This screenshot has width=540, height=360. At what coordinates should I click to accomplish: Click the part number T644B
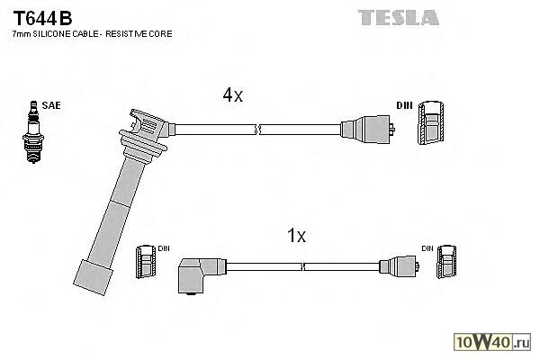click(x=41, y=17)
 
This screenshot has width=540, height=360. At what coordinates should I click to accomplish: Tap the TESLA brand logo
click(x=399, y=17)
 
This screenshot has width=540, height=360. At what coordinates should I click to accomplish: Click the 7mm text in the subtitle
click(x=21, y=34)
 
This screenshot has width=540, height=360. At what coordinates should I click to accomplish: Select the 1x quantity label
click(x=296, y=237)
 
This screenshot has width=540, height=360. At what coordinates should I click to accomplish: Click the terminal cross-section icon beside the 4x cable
click(x=431, y=123)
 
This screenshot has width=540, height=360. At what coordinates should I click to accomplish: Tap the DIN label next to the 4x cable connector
click(x=404, y=106)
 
